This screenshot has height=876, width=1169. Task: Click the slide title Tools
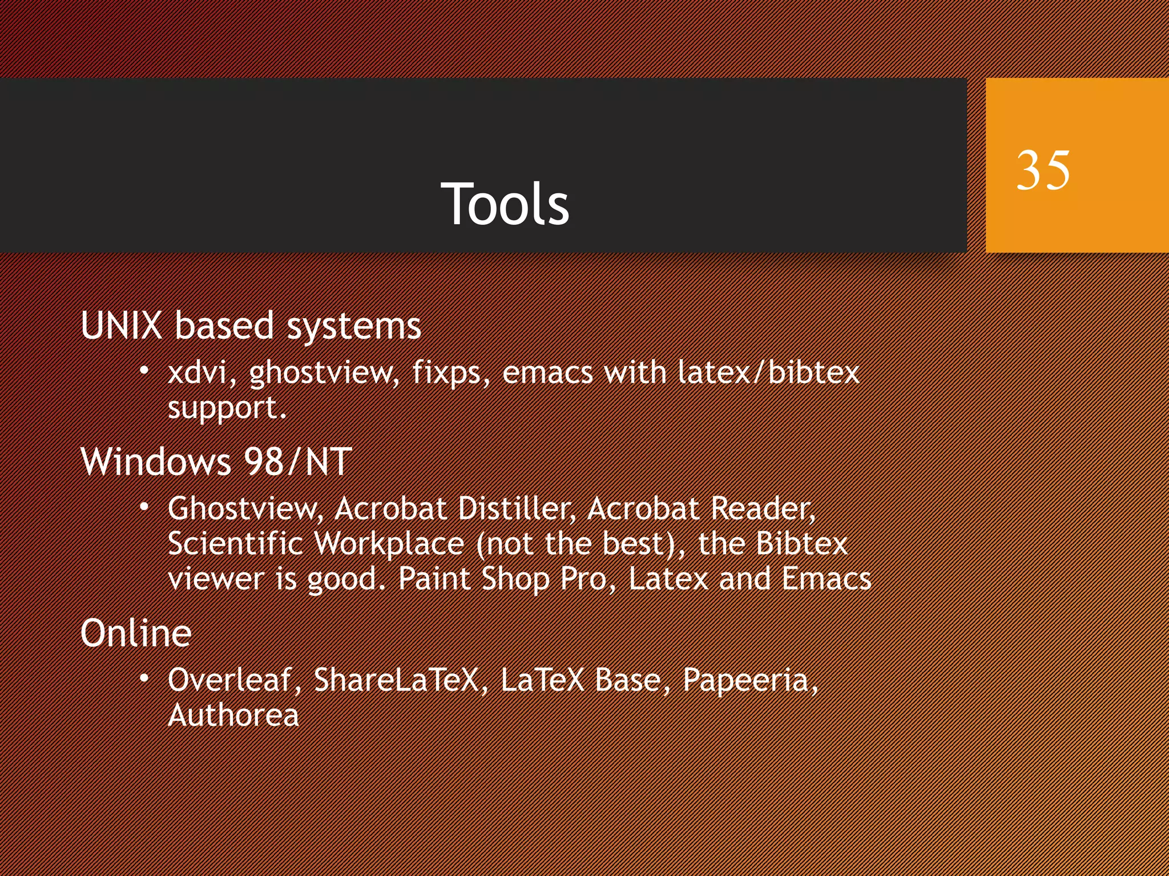(505, 204)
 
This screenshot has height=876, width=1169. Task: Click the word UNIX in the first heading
(122, 326)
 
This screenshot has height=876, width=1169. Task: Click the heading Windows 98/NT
(216, 461)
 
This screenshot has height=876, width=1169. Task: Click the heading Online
(136, 633)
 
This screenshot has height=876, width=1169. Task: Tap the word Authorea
(233, 715)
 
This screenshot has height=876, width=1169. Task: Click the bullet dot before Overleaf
(145, 678)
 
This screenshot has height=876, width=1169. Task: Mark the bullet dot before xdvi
(145, 371)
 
